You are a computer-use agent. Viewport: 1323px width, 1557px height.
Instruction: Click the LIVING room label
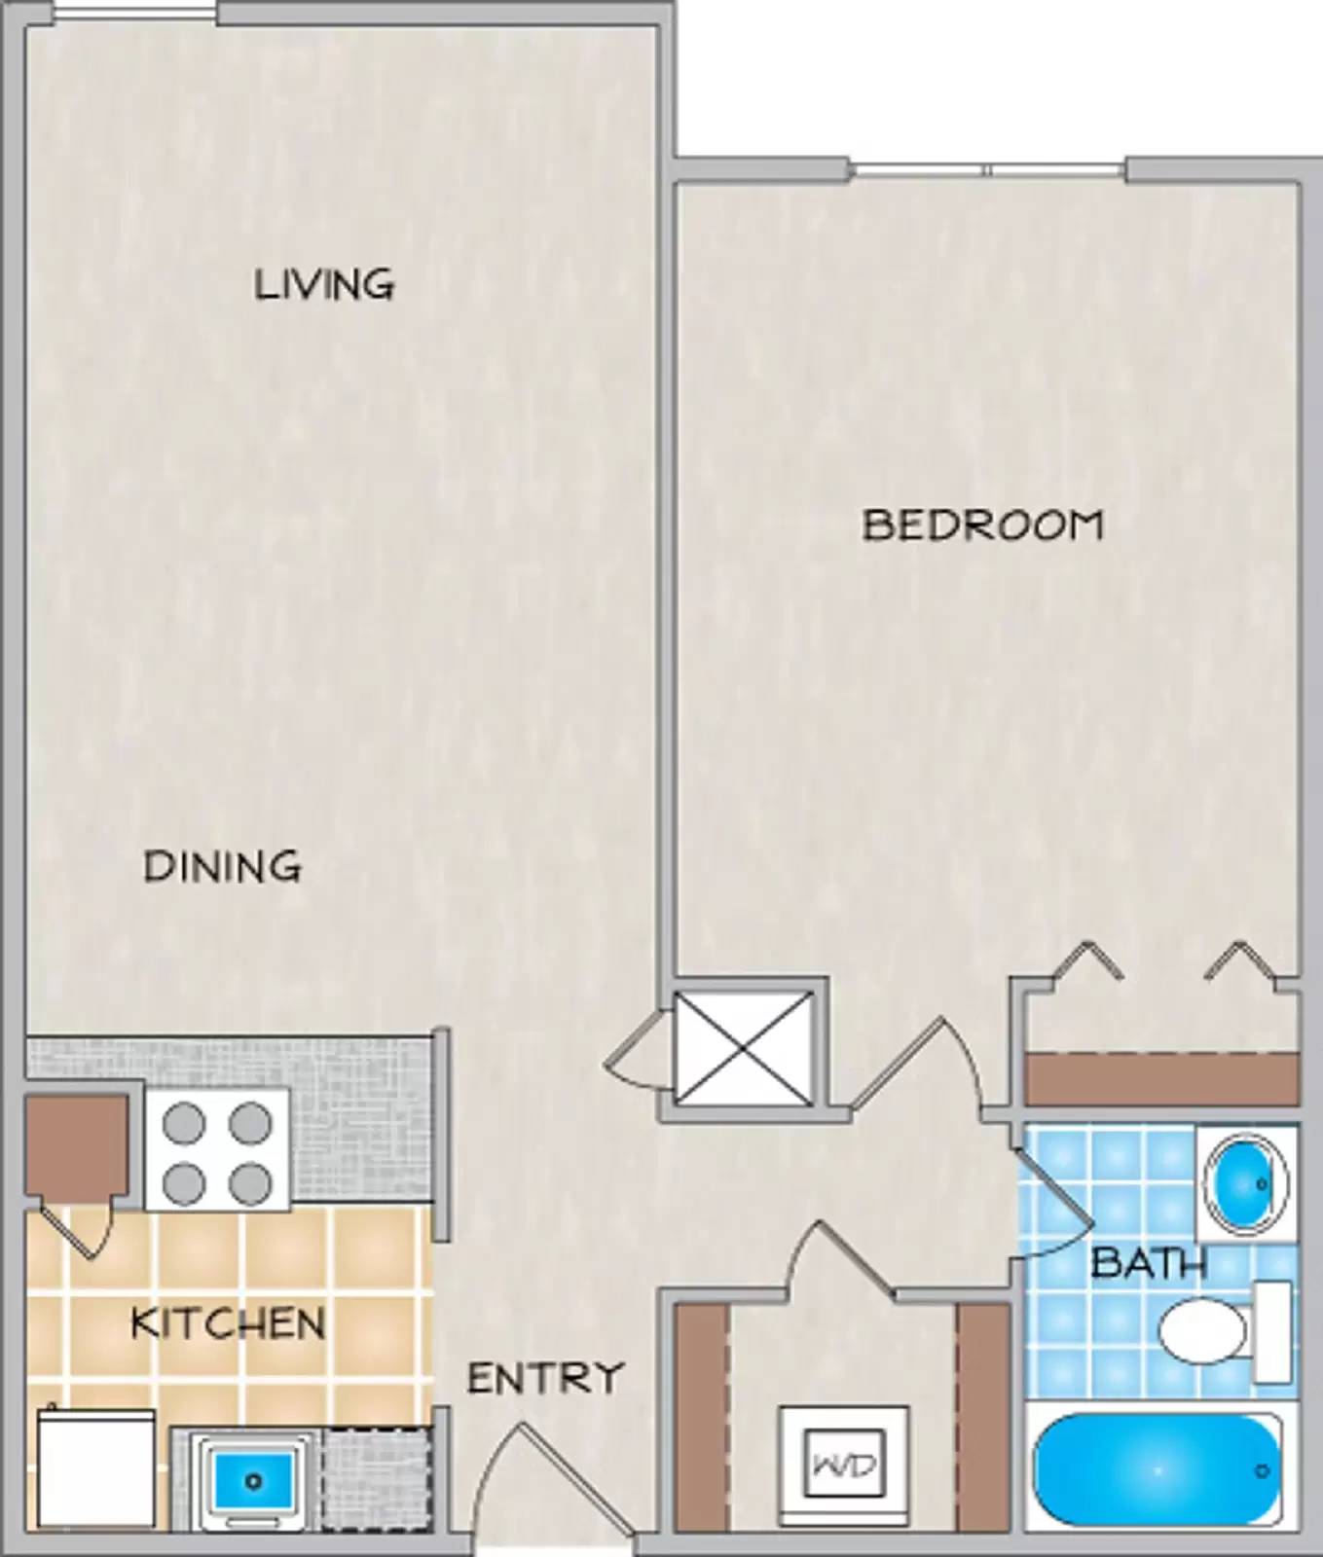coord(324,284)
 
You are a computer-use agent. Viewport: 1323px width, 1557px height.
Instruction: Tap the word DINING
coord(223,865)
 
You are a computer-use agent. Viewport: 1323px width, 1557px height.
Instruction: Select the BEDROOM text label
coord(982,525)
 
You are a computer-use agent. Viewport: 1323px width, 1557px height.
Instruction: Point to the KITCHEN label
coord(228,1323)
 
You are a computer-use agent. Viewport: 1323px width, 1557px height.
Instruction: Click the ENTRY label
coord(545,1378)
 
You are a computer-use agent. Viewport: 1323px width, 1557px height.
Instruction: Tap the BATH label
coord(1149,1263)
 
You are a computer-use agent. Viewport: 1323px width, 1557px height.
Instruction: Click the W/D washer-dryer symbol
coord(844,1465)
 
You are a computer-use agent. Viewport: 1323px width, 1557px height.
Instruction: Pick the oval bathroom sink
coord(1245,1184)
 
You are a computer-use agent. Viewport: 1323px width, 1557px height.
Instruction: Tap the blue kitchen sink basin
coord(253,1481)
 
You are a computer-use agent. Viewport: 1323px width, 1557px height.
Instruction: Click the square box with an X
coord(744,1048)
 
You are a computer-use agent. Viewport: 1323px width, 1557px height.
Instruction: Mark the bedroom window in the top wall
coord(987,170)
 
